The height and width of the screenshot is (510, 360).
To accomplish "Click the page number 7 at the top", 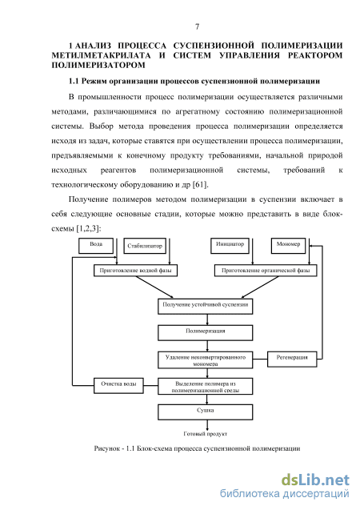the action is [x=198, y=26].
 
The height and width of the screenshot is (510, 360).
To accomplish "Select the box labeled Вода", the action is [x=96, y=246].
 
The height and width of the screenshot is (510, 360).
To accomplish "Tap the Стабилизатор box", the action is [x=145, y=247].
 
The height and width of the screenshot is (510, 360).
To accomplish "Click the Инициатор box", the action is [x=230, y=246].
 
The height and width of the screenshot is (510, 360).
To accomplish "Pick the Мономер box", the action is [x=288, y=246].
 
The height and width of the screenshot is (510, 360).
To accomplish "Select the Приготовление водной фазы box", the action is [x=135, y=271].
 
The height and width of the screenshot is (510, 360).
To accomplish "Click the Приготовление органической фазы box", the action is [x=266, y=271].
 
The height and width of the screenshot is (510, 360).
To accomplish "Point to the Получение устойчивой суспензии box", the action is [x=206, y=307].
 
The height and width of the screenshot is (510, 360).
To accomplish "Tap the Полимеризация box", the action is [x=206, y=333].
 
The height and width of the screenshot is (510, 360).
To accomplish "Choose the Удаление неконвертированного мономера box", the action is [x=206, y=359].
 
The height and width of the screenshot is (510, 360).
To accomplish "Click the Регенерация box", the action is [x=292, y=359].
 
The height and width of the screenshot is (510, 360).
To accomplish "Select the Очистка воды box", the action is [x=118, y=385].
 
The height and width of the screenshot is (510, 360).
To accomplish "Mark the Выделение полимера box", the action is [x=206, y=386].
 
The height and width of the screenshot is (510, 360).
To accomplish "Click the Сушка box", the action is [x=206, y=412].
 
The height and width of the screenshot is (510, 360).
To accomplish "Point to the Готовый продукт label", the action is [x=206, y=434].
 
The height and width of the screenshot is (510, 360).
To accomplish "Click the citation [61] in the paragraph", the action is [x=200, y=185].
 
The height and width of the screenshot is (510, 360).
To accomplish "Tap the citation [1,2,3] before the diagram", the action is [x=88, y=229].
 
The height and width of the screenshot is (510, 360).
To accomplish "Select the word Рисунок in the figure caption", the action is [x=106, y=448].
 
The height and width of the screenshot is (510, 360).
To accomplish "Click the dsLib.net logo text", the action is [x=315, y=480].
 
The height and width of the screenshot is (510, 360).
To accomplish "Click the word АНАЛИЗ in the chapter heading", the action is [x=94, y=46].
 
